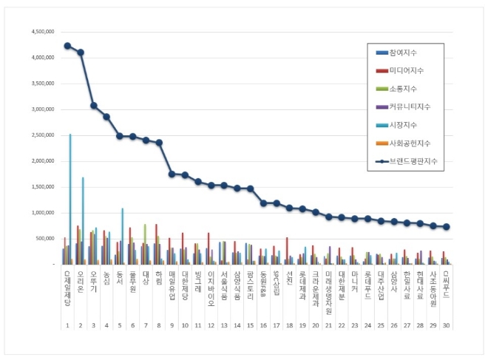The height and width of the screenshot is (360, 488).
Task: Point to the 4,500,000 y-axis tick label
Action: (x=42, y=32)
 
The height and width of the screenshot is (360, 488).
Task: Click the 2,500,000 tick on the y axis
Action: (x=42, y=135)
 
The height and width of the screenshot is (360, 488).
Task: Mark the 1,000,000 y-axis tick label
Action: (x=42, y=213)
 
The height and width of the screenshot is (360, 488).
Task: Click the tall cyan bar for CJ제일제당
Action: (x=70, y=200)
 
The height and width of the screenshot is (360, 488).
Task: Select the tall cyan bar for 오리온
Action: (x=84, y=222)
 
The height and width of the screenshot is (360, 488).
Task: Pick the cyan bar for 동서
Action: (x=123, y=237)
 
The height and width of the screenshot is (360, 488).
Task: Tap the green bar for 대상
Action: (x=145, y=244)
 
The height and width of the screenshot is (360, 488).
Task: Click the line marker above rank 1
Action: (x=67, y=46)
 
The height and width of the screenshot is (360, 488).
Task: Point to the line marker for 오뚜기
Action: (x=93, y=105)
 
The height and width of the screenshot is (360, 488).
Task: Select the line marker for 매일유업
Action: (x=172, y=174)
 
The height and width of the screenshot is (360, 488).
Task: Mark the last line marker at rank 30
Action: (x=446, y=227)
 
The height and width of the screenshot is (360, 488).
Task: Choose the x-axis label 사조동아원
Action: (x=433, y=285)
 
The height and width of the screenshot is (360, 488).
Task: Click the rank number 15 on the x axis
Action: (x=250, y=325)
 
